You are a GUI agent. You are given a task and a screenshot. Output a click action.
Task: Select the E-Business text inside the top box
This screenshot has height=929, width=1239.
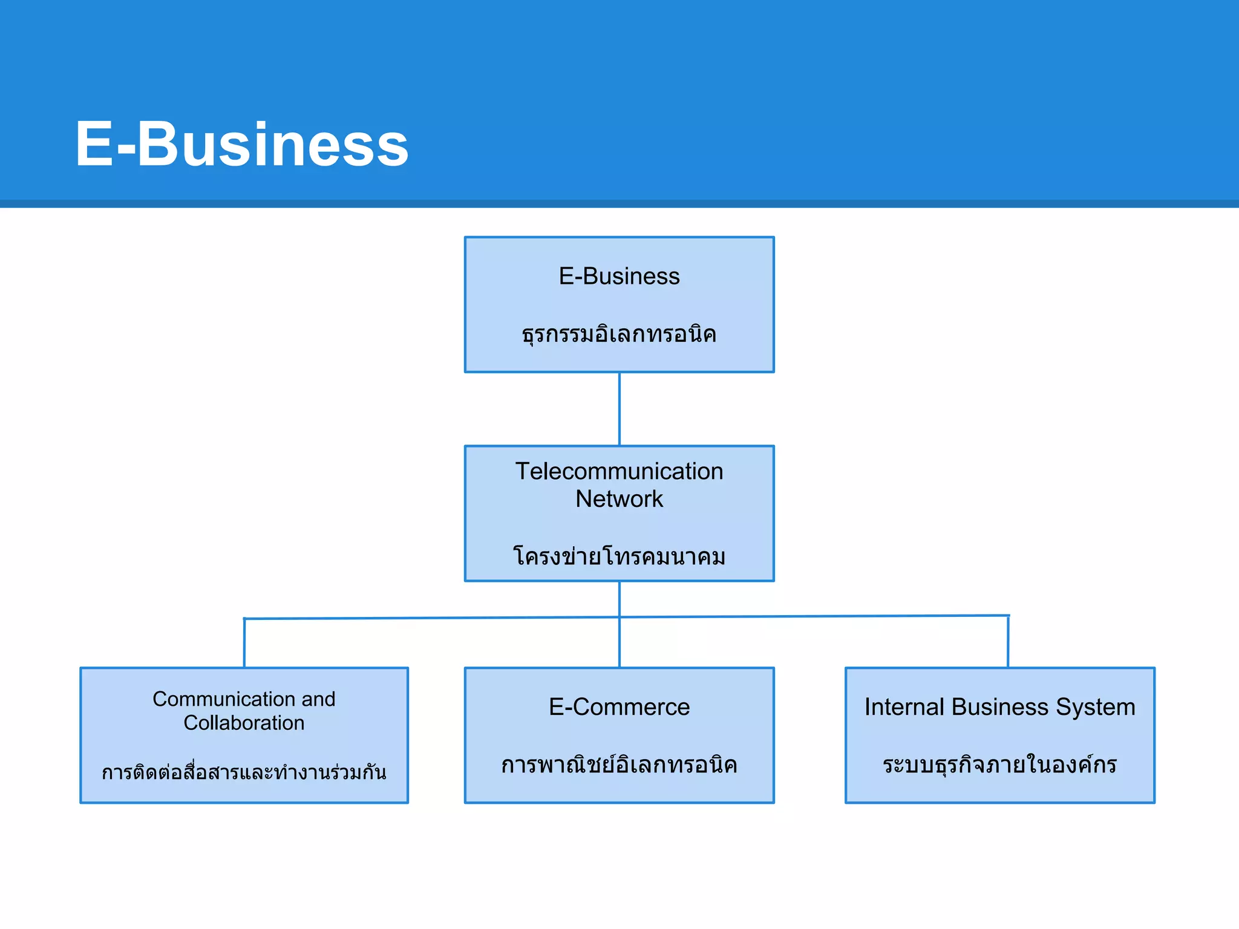(x=619, y=276)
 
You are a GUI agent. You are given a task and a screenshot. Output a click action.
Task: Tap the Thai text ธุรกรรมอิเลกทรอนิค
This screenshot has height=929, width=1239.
(x=619, y=334)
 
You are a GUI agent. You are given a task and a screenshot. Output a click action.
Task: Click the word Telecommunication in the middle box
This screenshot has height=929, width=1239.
(x=619, y=471)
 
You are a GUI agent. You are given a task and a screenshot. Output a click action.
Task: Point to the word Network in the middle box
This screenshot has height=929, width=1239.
(x=619, y=499)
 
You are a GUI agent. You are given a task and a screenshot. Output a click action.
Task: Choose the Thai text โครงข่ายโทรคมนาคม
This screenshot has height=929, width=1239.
(x=619, y=556)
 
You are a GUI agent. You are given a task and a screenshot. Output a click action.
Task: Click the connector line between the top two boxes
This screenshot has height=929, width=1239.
(x=619, y=409)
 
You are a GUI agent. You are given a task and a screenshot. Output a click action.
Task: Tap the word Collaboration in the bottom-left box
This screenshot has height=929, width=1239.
(x=244, y=723)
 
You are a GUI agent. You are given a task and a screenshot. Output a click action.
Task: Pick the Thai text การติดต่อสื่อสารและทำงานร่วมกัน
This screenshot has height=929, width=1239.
(x=244, y=772)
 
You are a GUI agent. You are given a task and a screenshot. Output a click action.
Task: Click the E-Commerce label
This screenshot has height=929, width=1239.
(x=619, y=707)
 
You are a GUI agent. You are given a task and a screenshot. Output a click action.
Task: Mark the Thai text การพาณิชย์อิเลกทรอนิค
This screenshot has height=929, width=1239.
(x=619, y=765)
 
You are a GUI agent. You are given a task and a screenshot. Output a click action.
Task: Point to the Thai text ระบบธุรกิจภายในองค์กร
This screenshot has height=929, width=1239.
(x=999, y=765)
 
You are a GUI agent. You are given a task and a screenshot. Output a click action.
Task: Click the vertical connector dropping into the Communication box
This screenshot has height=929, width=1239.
(x=244, y=643)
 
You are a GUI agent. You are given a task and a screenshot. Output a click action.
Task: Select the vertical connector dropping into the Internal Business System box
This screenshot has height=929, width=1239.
(x=1008, y=642)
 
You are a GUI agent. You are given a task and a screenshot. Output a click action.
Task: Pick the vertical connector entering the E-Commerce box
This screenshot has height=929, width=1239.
(x=619, y=642)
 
